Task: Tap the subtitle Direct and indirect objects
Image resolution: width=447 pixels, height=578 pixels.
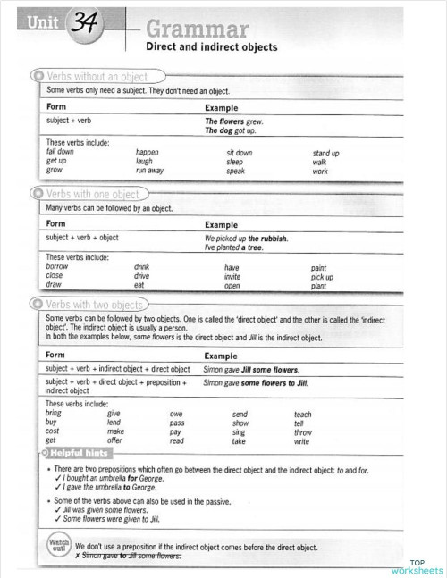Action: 211,47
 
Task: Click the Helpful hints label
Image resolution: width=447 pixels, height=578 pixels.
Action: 88,454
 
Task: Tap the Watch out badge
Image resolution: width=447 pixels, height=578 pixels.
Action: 55,547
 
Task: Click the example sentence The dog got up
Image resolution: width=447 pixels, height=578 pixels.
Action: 231,130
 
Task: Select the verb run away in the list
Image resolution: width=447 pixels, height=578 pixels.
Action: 149,170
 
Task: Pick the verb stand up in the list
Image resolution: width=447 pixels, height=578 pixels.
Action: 325,154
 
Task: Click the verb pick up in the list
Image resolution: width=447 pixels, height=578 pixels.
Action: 322,276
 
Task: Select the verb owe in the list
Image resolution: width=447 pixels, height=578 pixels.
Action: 177,415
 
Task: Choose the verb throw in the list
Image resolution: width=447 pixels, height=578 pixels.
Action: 303,432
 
